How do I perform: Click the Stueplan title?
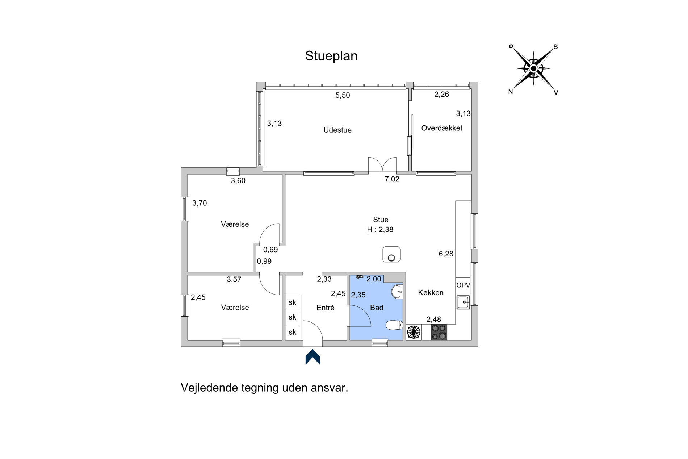point(331,56)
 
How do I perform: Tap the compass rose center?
point(533,68)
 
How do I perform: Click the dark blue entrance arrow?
point(313,356)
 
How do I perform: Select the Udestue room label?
point(337,130)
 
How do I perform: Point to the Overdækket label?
point(442,128)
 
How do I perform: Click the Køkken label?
point(431,293)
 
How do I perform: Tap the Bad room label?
point(377,308)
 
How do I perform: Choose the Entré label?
point(326,308)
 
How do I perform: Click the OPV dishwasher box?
point(463,285)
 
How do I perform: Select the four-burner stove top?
point(439,332)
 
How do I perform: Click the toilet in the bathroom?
point(394,325)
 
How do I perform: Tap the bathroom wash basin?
point(397,292)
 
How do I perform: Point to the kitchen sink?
point(463,302)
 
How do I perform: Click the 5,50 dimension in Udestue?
point(343,95)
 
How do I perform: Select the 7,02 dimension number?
point(392,179)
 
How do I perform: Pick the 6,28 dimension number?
point(446,254)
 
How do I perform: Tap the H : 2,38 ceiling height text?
point(380,230)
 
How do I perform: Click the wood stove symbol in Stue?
point(391,254)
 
